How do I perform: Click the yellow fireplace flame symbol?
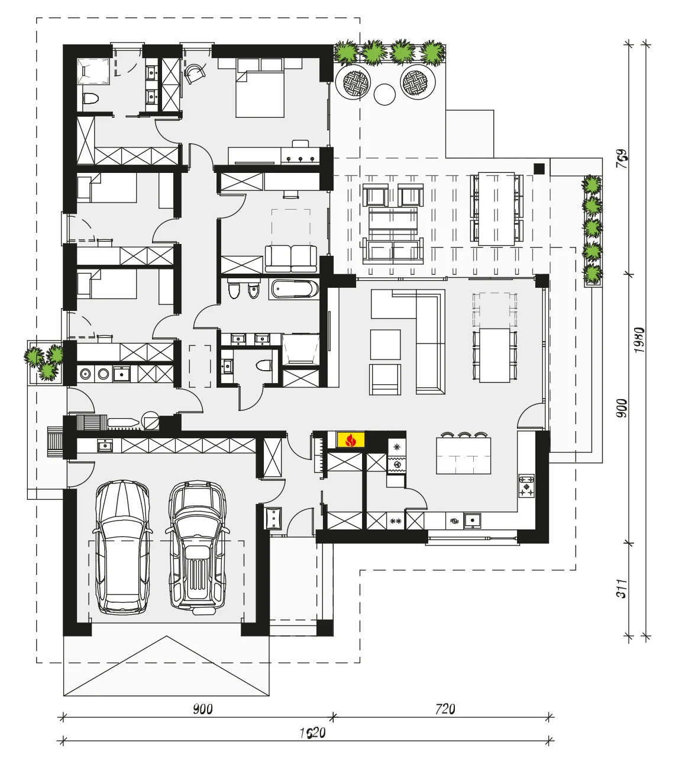pyautogui.click(x=351, y=439)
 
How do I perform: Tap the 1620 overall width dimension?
pyautogui.click(x=312, y=733)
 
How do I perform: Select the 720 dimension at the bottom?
pyautogui.click(x=445, y=709)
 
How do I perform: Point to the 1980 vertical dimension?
pyautogui.click(x=639, y=340)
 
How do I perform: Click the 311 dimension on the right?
pyautogui.click(x=622, y=588)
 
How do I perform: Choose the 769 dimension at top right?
pyautogui.click(x=622, y=159)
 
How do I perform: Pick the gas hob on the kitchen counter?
pyautogui.click(x=526, y=486)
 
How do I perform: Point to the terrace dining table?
pyautogui.click(x=496, y=209)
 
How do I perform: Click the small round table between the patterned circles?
pyautogui.click(x=384, y=94)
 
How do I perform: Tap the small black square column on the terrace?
pyautogui.click(x=539, y=169)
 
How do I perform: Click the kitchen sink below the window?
pyautogui.click(x=472, y=521)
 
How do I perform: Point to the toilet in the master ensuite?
pyautogui.click(x=90, y=99)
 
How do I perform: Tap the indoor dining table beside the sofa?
pyautogui.click(x=495, y=355)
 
